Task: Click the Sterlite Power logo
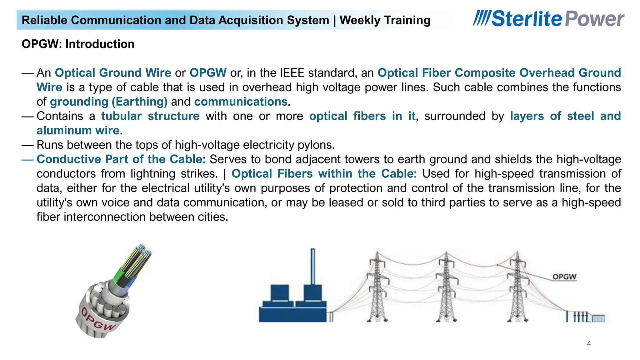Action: click(548, 18)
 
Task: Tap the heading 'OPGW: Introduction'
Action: click(78, 44)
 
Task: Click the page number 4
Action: click(589, 343)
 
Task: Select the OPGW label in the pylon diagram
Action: click(564, 277)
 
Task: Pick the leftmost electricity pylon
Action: click(377, 287)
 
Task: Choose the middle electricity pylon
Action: click(446, 287)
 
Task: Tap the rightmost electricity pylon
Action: click(517, 287)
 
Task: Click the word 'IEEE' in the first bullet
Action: click(292, 73)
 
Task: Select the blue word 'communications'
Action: click(241, 102)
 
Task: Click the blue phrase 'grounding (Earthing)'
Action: click(108, 102)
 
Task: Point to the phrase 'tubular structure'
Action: click(150, 116)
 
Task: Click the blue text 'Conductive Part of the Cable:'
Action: click(121, 159)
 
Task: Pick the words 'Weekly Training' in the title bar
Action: click(385, 20)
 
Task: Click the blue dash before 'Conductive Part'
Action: click(27, 159)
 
